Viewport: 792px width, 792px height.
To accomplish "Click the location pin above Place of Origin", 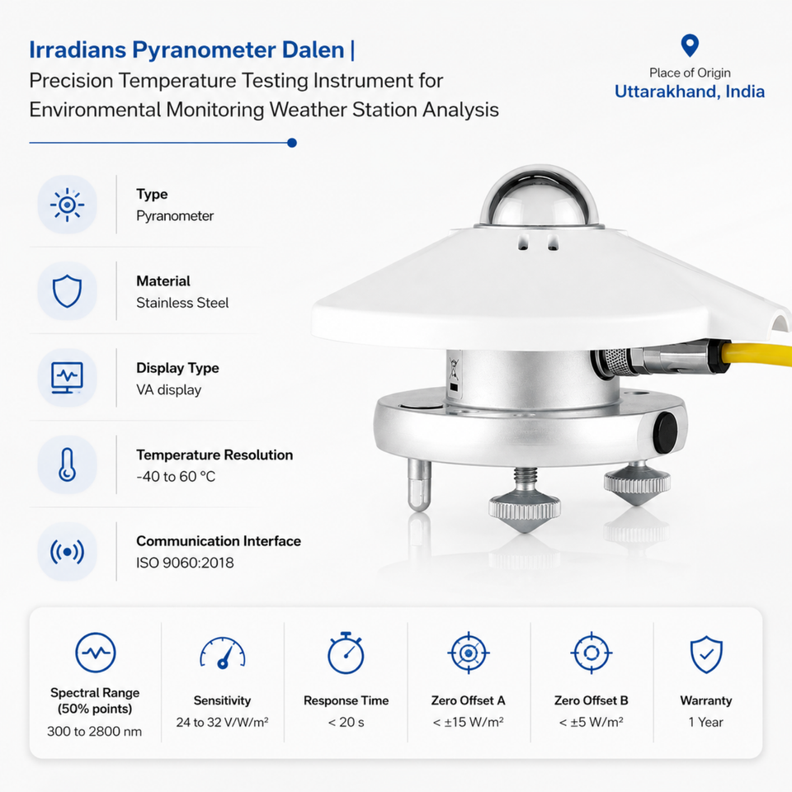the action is click(690, 45).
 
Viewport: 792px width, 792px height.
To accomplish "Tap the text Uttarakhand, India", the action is click(690, 92).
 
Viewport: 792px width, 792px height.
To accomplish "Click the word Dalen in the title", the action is click(313, 49).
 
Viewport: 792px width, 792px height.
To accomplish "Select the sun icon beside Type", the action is click(67, 205).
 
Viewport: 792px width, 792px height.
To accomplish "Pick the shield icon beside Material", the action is click(67, 291).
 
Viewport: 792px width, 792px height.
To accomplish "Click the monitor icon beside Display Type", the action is click(67, 378).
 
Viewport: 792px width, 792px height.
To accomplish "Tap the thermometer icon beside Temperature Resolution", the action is click(67, 464).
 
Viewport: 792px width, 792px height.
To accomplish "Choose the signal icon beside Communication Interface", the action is click(67, 552).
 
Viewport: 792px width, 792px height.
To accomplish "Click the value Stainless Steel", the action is click(182, 303).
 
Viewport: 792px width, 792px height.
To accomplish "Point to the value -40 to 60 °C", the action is click(176, 476).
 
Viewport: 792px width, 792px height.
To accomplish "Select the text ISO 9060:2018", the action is click(185, 563).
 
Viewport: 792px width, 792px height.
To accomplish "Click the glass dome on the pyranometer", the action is click(540, 196).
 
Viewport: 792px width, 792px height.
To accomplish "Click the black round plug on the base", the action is click(665, 432).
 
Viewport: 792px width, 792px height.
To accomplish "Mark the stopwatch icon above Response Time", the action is click(346, 653).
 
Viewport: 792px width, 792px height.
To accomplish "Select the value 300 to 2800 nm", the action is click(94, 732).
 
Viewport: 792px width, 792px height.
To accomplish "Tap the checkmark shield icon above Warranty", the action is click(706, 654).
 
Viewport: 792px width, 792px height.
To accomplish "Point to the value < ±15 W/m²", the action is click(469, 723).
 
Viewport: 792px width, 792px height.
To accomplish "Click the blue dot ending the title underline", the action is click(291, 143).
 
